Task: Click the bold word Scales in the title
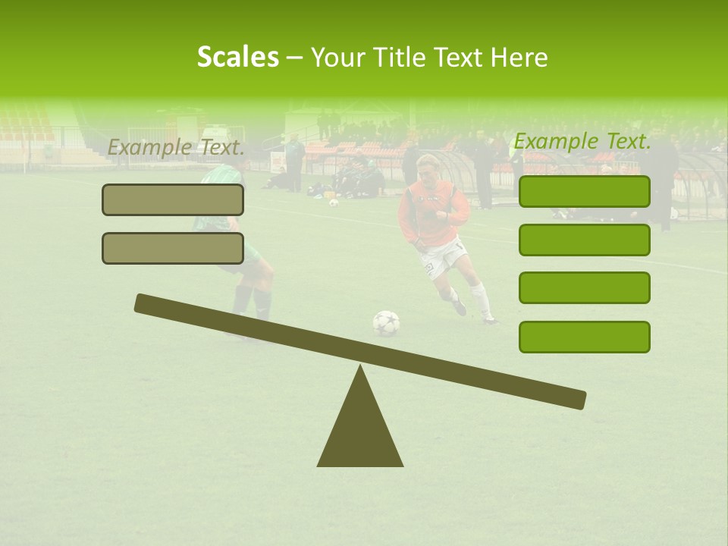tap(237, 57)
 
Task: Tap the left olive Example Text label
tap(176, 148)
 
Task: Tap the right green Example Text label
tap(582, 141)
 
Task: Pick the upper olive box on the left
tap(173, 199)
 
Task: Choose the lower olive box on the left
tap(173, 248)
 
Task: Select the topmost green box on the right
tap(584, 191)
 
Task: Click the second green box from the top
tap(584, 240)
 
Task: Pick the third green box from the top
tap(584, 288)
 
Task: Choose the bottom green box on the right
tap(584, 337)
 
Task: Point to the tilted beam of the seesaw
tap(360, 351)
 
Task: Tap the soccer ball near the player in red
tap(386, 323)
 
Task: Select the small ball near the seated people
tap(333, 202)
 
